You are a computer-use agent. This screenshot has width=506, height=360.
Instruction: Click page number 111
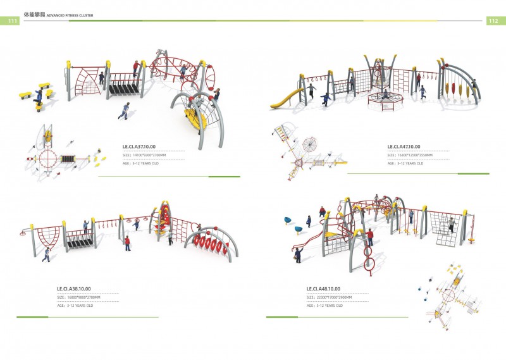(11, 21)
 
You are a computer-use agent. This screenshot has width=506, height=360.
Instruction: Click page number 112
(494, 21)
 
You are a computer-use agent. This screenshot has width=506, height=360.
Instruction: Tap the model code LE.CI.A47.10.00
(404, 147)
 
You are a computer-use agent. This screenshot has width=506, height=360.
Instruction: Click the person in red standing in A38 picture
(127, 244)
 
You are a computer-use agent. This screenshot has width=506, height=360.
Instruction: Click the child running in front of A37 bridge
(124, 111)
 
